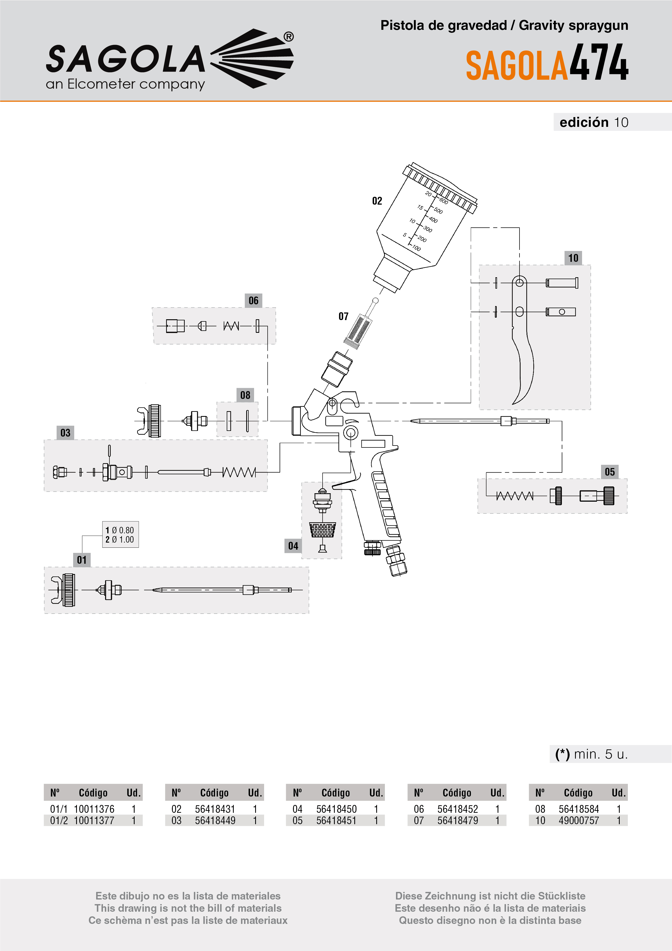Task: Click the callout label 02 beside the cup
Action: pyautogui.click(x=377, y=201)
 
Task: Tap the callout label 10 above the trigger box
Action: pyautogui.click(x=573, y=258)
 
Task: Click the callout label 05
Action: pyautogui.click(x=609, y=472)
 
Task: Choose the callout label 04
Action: pyautogui.click(x=293, y=546)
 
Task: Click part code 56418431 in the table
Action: pyautogui.click(x=215, y=809)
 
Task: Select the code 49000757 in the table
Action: pyautogui.click(x=579, y=821)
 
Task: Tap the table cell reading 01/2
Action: pyautogui.click(x=59, y=821)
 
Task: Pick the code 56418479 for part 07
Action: pyautogui.click(x=457, y=821)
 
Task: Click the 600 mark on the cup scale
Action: pyautogui.click(x=443, y=201)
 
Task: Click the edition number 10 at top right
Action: pyautogui.click(x=621, y=122)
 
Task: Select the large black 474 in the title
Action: pyautogui.click(x=599, y=63)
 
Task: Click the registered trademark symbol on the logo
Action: pyautogui.click(x=288, y=37)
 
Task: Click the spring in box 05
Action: pyautogui.click(x=515, y=496)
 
